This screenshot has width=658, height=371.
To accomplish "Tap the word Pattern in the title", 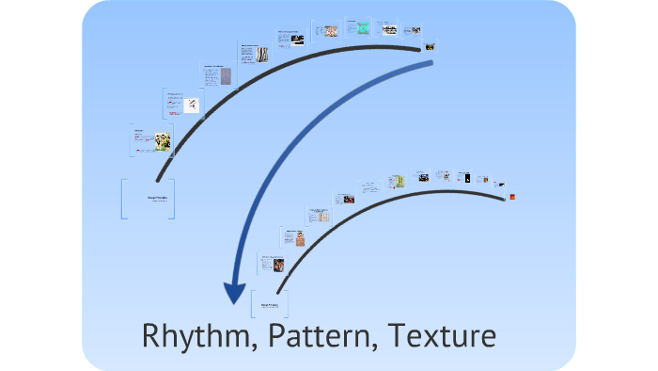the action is point(312,336).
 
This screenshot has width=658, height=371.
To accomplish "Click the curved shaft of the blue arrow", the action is point(310,122).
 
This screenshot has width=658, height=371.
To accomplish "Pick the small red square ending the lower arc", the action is point(511,196).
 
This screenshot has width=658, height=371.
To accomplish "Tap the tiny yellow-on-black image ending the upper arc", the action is point(430,46).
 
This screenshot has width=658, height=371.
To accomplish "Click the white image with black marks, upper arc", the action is point(192,105).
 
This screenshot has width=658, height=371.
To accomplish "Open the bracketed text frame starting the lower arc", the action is point(269,304).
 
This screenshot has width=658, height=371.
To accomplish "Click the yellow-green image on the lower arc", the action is point(399,180).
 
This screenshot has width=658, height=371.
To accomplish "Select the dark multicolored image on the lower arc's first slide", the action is point(280,266).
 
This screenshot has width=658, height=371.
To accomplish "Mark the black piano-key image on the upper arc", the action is point(295,40).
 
